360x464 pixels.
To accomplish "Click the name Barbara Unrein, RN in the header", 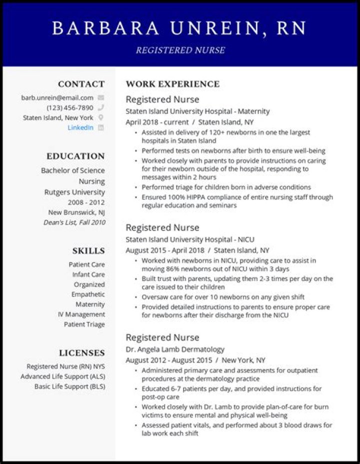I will click(x=179, y=28).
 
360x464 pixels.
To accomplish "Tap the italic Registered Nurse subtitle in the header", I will click(x=180, y=50).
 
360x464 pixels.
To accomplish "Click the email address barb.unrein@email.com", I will click(x=57, y=98).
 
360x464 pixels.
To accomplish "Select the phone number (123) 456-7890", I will click(x=70, y=108).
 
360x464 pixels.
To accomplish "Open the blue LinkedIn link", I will click(x=80, y=127).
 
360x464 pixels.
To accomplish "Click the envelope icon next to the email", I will click(x=101, y=98).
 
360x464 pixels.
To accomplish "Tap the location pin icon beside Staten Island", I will click(x=101, y=118).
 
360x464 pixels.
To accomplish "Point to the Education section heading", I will click(x=75, y=156).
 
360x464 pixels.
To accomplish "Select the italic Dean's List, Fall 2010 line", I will click(x=73, y=222).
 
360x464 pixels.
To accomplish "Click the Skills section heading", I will click(x=88, y=251).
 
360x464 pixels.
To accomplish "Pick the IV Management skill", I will click(x=81, y=314).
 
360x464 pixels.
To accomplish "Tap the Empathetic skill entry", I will click(x=88, y=294).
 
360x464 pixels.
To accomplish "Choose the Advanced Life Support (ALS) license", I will click(x=62, y=376).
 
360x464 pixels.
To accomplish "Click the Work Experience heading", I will click(x=172, y=84).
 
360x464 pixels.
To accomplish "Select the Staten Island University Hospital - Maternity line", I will click(x=197, y=111).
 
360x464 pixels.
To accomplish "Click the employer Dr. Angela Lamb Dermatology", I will click(x=175, y=349).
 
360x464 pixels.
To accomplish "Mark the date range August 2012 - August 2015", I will click(x=166, y=360).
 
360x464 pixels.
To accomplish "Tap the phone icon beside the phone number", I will click(x=101, y=108).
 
